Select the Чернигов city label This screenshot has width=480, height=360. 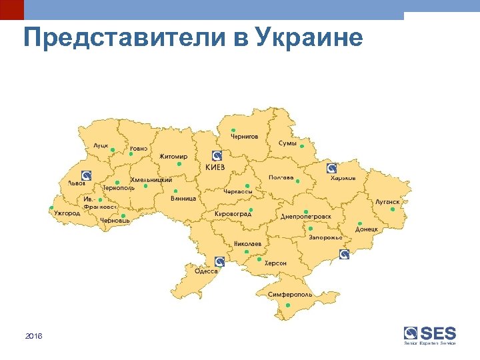point(244,137)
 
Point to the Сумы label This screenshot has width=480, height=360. point(287,143)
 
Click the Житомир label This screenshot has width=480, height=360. point(173,157)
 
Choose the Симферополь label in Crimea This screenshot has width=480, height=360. point(289,294)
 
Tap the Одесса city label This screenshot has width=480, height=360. point(206,271)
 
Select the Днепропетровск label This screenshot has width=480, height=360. point(305,217)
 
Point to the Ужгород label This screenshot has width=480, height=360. point(67,213)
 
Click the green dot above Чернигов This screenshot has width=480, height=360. point(233,130)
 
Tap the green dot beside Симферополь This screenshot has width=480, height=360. point(288,305)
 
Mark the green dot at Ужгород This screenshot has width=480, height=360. point(51,208)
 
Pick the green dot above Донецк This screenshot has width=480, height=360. point(359,223)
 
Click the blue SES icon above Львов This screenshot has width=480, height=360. point(86,175)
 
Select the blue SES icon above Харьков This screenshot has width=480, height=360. point(331,168)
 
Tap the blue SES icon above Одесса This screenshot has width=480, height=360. point(218,261)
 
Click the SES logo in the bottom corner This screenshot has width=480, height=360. point(430,335)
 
